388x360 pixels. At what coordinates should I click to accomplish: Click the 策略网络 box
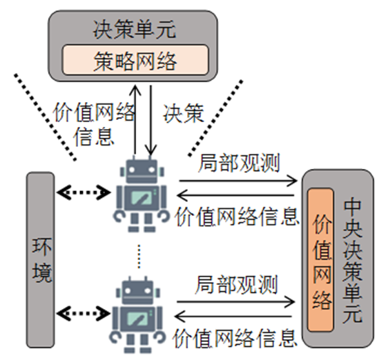135,60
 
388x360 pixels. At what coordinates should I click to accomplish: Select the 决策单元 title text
135,30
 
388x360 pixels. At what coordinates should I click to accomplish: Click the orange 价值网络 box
321,260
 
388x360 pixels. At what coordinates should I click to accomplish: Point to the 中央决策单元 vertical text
352,261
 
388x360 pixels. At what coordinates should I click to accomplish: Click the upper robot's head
142,170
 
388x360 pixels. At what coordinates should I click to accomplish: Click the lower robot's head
138,291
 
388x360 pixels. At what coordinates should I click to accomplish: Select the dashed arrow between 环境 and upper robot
84,192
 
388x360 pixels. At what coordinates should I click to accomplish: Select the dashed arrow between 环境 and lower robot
84,314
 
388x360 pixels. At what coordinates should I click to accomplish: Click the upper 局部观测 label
239,163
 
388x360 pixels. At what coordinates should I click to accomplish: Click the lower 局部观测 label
237,284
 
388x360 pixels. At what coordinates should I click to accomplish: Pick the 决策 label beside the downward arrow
184,114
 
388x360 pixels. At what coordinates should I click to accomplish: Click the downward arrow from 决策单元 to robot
151,121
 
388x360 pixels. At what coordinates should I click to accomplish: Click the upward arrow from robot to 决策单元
135,120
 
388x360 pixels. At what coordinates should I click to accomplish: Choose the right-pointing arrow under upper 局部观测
238,181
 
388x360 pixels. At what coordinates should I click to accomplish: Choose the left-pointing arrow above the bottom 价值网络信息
233,317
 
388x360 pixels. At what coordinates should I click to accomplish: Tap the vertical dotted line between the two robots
139,257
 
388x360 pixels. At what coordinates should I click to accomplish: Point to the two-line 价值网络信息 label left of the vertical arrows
94,124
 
